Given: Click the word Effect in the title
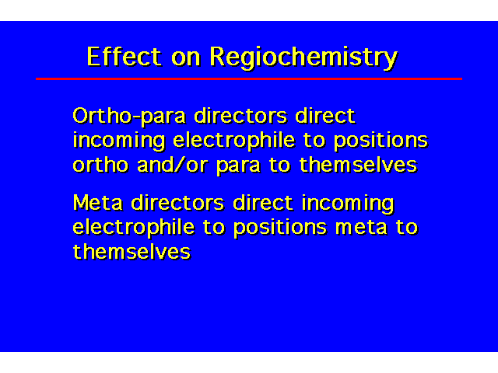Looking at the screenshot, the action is coord(124,57).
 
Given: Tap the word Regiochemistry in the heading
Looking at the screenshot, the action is coord(303,58).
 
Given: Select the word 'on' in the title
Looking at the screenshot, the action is coord(186,59).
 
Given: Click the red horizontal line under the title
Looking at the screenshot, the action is coord(249,78).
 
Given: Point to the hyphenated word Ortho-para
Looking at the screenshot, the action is coord(129,117).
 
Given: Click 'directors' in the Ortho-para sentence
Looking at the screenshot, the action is coord(240,116).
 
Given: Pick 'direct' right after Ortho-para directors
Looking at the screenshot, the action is coord(325,116).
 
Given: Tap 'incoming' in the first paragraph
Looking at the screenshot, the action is coord(119,141).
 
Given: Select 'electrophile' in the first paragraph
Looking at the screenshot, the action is coord(234,141).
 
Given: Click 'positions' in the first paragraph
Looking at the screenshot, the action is coord(381,141).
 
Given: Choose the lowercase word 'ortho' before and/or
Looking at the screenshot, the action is coord(100,166).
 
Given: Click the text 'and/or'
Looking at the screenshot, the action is coord(173,166).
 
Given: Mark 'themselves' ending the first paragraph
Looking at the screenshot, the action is coord(358,166).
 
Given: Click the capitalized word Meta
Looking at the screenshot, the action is coord(97,203).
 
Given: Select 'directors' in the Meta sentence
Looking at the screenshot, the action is coord(178,203).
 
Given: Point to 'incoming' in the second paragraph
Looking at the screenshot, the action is coord(348,204).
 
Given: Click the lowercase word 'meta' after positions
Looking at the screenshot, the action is coord(361,228).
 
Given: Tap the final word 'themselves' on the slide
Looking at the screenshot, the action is coord(132,252).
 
